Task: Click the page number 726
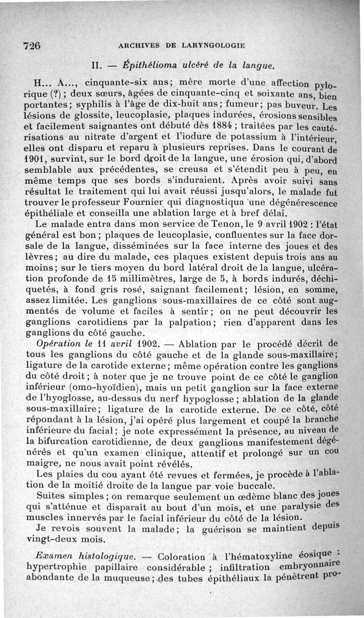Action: [x=32, y=45]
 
